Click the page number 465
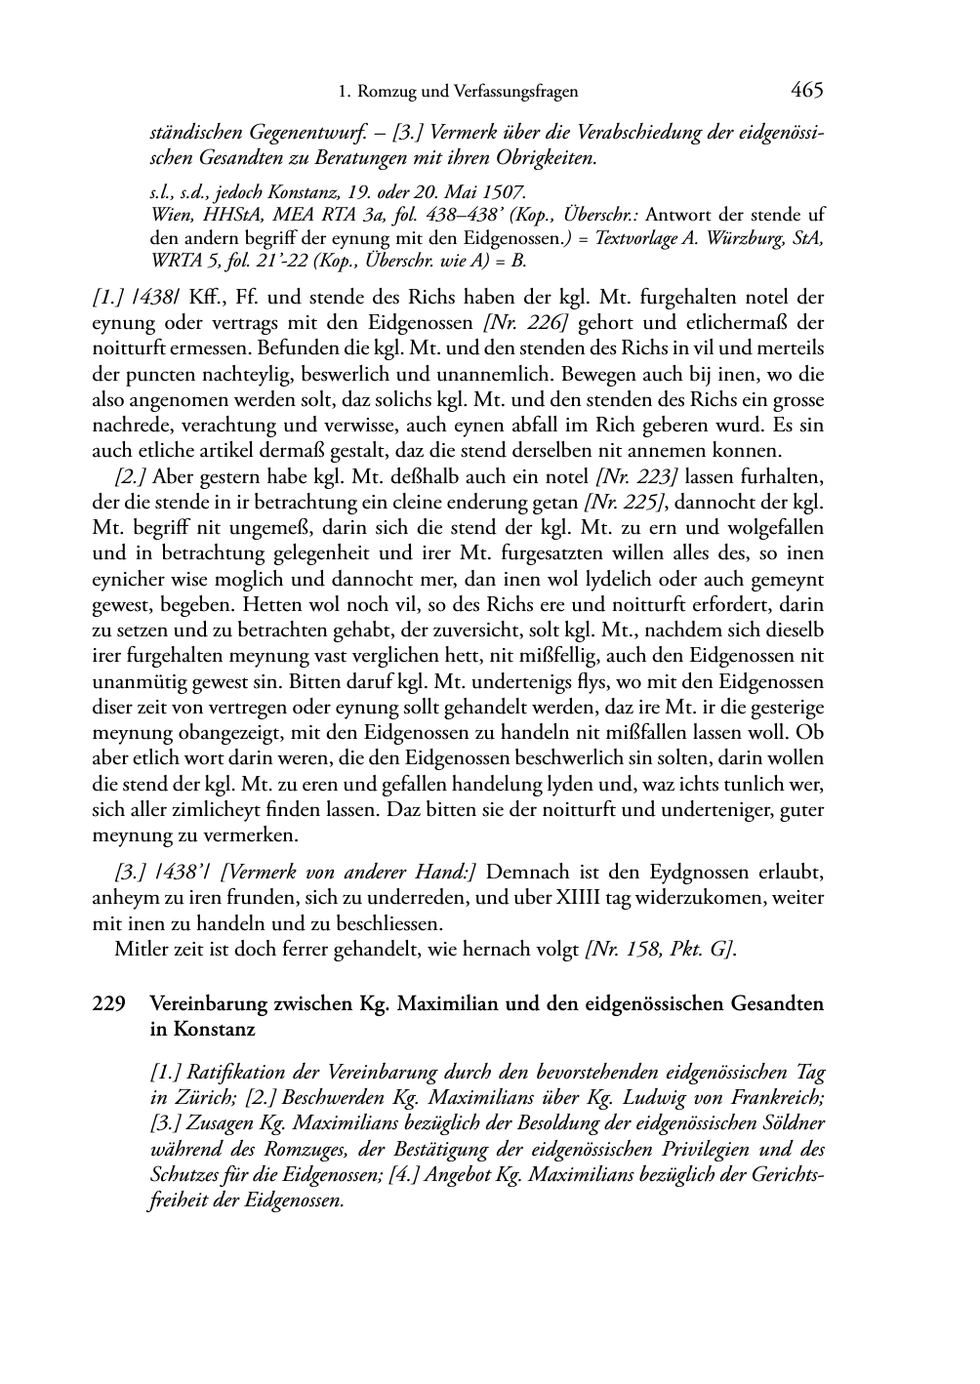point(807,91)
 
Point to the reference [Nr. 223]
point(635,476)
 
